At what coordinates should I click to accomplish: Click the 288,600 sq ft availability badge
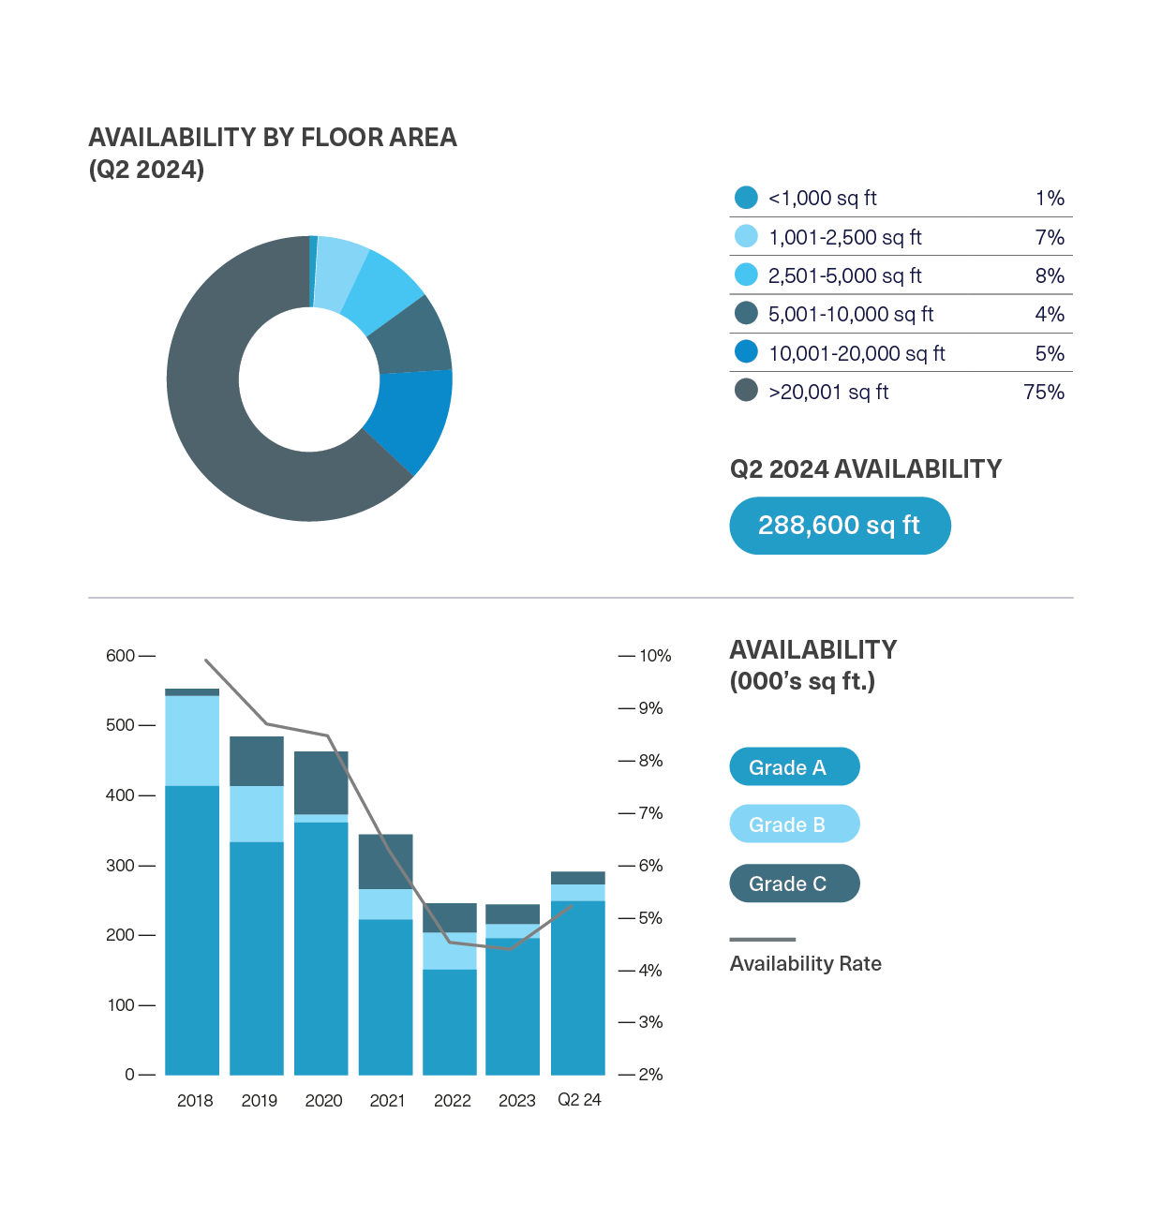click(x=840, y=526)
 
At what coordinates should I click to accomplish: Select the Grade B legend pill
click(x=794, y=824)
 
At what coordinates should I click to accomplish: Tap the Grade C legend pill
click(x=794, y=884)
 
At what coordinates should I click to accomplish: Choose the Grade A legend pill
click(x=794, y=767)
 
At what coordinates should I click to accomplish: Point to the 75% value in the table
click(x=1043, y=393)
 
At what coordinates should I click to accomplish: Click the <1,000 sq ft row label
click(x=822, y=199)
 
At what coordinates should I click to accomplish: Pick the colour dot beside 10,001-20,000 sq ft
click(x=746, y=352)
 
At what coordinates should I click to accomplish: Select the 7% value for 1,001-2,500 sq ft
click(x=1050, y=238)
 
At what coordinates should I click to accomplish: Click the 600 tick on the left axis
click(x=121, y=656)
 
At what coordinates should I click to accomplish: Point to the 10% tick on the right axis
click(x=655, y=656)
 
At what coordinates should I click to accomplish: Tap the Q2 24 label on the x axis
click(x=579, y=1100)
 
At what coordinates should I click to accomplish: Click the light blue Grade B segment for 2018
click(x=192, y=740)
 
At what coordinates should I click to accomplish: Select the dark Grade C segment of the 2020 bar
click(x=320, y=782)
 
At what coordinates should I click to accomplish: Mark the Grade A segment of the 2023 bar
click(x=513, y=1006)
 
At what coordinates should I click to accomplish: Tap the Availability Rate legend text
click(x=805, y=964)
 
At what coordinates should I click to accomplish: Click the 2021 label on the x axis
click(x=387, y=1101)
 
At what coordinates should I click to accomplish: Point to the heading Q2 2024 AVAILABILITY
click(x=865, y=469)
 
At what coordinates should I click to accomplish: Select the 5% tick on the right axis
click(x=651, y=918)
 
